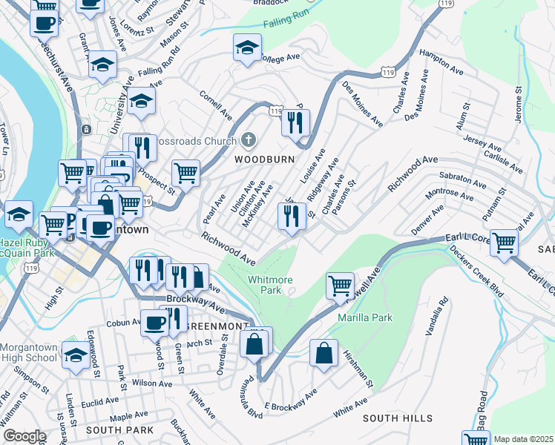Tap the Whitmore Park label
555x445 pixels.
tap(270, 285)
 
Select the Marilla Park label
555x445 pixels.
tap(364, 317)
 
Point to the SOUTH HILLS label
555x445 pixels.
tap(397, 418)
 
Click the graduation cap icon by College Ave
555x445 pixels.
tap(247, 49)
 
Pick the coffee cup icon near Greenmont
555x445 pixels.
tap(155, 323)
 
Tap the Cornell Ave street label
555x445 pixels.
tap(216, 105)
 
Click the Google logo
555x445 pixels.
tap(24, 436)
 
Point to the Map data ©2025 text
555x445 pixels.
tap(523, 439)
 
